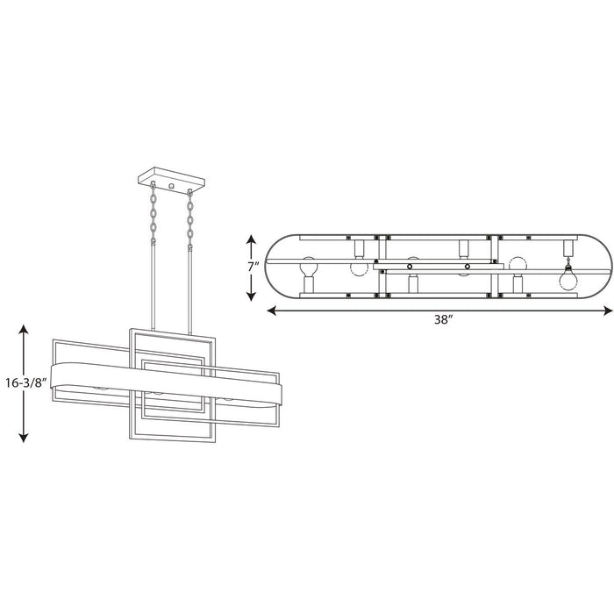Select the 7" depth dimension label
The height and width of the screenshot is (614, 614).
click(x=253, y=268)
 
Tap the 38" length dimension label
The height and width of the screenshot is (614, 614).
click(x=443, y=319)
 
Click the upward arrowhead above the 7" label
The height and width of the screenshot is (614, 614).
click(x=251, y=239)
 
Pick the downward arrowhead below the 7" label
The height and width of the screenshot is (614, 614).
click(x=251, y=296)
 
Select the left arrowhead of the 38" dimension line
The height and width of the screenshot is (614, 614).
click(x=272, y=311)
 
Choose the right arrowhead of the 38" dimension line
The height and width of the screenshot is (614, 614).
click(x=608, y=311)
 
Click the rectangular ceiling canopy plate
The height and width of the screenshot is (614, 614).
click(x=172, y=181)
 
